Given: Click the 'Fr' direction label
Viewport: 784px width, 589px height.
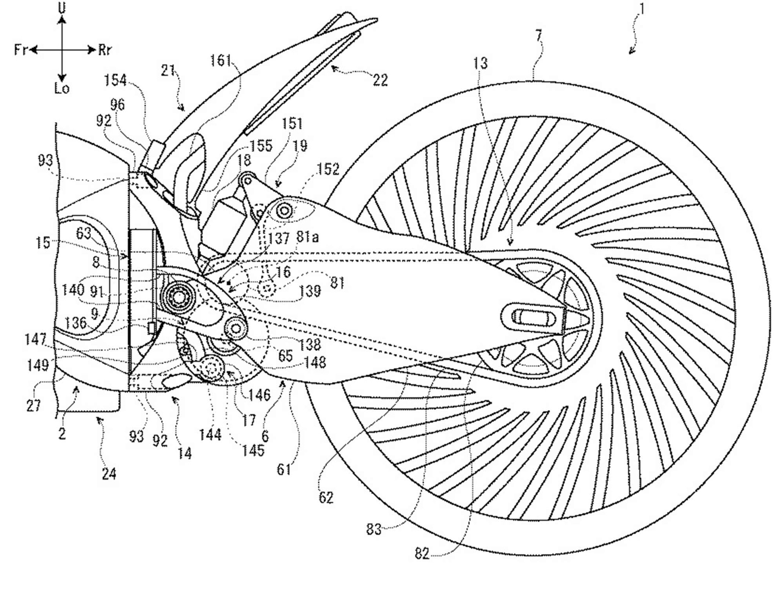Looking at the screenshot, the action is coord(21,50).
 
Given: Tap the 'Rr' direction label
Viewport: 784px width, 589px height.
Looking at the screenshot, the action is coord(105,50).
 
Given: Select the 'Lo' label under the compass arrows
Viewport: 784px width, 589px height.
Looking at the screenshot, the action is coord(62,88).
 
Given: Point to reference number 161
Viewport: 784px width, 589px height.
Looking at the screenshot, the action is coord(221,60).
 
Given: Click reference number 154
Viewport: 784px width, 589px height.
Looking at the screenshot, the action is coord(115,80).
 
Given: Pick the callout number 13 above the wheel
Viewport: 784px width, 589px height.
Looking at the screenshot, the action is coord(480,63).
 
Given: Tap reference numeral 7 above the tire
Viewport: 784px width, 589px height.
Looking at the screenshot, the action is coord(539,36).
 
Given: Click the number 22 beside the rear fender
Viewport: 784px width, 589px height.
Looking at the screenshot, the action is coord(380,80).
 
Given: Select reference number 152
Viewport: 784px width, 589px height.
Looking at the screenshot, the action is coord(328,169).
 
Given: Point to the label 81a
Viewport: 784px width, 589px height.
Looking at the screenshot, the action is coord(307,238).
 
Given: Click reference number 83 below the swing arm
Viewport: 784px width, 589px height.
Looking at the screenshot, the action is coord(374,529).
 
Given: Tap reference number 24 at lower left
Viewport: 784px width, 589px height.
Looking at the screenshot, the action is coord(108,474).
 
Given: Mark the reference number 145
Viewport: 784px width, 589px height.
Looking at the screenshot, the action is coord(253,450).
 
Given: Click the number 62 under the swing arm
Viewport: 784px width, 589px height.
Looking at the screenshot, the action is coord(326,498).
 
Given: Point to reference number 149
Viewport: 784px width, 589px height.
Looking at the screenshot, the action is coord(38,365).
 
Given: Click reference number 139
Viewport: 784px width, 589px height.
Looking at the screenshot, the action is coord(310,291).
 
